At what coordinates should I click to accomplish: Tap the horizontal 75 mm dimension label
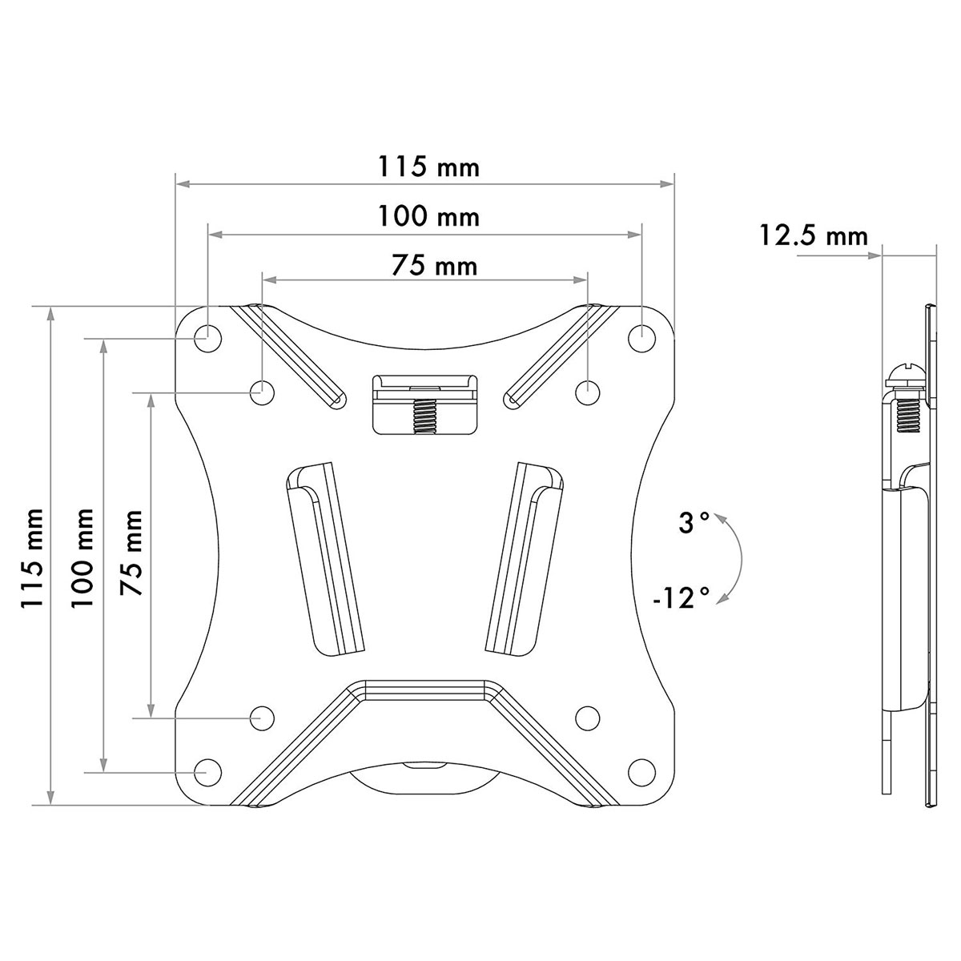(434, 265)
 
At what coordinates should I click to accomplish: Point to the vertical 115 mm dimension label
(34, 558)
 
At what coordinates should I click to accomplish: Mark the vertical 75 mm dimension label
(132, 553)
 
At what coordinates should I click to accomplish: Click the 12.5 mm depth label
(814, 235)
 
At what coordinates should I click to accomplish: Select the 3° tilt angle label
(694, 524)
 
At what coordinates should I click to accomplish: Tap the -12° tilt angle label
(681, 597)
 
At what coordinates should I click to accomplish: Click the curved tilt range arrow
(735, 558)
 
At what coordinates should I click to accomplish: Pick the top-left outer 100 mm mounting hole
(207, 337)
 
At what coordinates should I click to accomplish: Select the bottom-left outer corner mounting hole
(207, 772)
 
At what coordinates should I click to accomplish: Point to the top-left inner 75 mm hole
(262, 392)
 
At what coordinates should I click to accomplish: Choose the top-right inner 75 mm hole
(587, 392)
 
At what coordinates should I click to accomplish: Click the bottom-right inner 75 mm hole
(587, 717)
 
